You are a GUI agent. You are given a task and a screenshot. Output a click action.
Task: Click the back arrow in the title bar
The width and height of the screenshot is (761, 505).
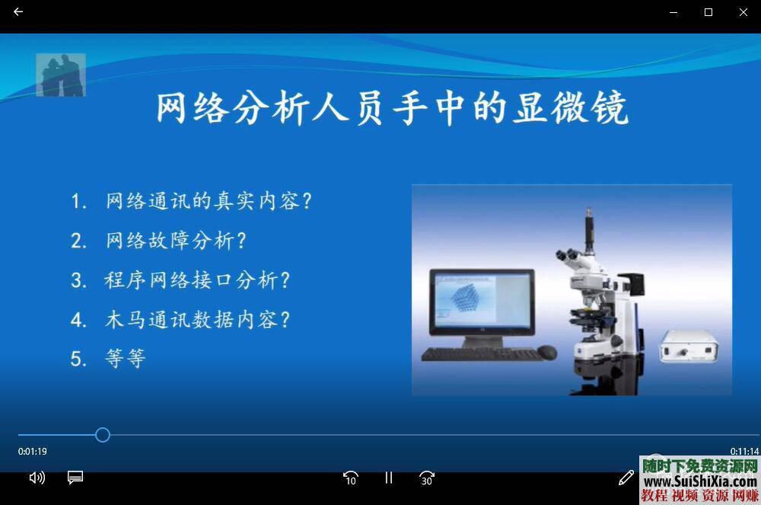pos(18,12)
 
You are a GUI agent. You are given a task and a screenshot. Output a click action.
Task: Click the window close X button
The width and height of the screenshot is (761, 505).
pos(743,12)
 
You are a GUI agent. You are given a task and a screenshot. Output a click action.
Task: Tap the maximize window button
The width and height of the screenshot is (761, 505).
pos(708,12)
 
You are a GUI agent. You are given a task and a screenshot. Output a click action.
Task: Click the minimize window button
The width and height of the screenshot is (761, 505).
pos(673,12)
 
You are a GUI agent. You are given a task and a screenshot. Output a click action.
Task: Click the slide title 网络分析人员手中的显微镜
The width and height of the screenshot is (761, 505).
pos(392,109)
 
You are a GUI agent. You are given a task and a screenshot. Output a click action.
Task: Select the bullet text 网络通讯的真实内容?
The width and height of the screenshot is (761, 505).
pos(209,201)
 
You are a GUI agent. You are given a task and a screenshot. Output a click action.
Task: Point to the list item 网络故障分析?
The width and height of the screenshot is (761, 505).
pos(177,241)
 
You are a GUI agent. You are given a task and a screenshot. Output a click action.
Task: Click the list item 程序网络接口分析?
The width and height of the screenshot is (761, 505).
pos(198,280)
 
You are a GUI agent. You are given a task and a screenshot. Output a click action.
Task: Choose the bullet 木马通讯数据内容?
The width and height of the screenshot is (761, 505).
pos(198,319)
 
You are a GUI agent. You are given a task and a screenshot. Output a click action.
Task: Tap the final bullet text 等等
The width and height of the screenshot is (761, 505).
pos(126,359)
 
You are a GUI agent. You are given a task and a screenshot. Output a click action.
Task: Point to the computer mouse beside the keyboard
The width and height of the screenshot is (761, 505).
pos(546,352)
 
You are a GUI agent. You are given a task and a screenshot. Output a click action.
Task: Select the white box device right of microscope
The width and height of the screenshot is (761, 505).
pos(689,347)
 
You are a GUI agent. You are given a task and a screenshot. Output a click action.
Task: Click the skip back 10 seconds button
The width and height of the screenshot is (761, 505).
pos(350,478)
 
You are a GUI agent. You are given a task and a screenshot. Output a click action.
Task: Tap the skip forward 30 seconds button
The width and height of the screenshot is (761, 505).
pos(427,478)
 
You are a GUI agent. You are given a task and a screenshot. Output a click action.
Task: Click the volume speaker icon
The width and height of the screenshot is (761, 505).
pos(37,478)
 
